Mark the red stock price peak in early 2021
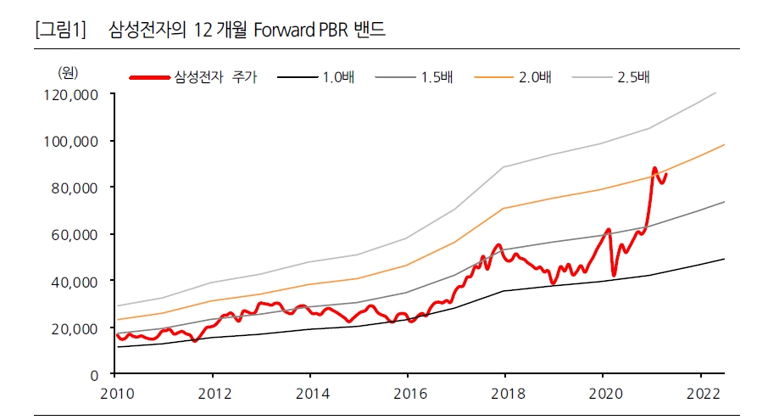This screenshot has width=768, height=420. pos(654,168)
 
